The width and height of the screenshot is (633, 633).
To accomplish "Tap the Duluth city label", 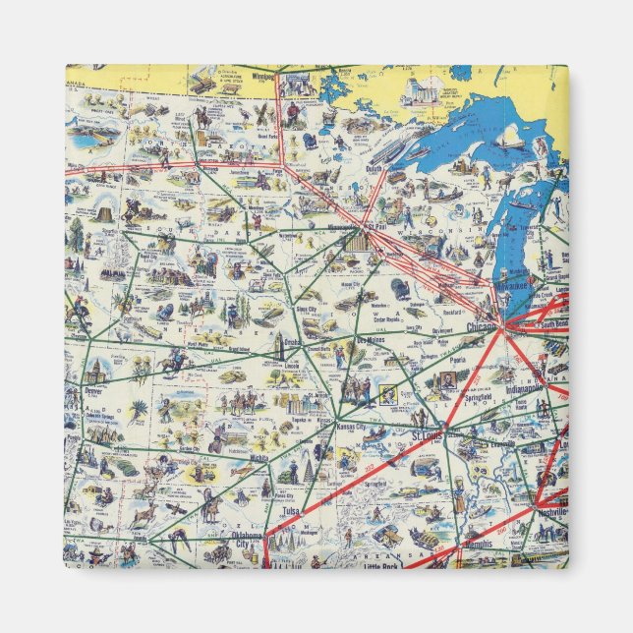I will [x=374, y=168].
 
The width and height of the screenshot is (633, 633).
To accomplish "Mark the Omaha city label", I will [x=292, y=342].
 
